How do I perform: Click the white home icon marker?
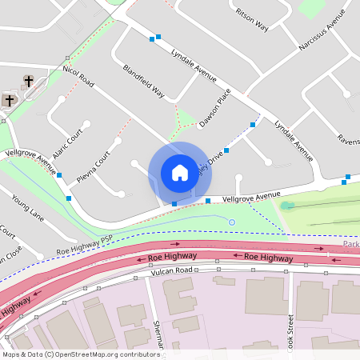(x=179, y=173)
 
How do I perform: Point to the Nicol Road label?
(x=78, y=77)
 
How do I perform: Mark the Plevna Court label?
(x=93, y=165)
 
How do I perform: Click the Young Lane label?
(x=27, y=206)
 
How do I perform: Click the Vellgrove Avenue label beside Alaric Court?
(x=30, y=158)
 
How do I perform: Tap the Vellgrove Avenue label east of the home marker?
(x=251, y=195)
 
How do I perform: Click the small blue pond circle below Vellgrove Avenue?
(x=232, y=222)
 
